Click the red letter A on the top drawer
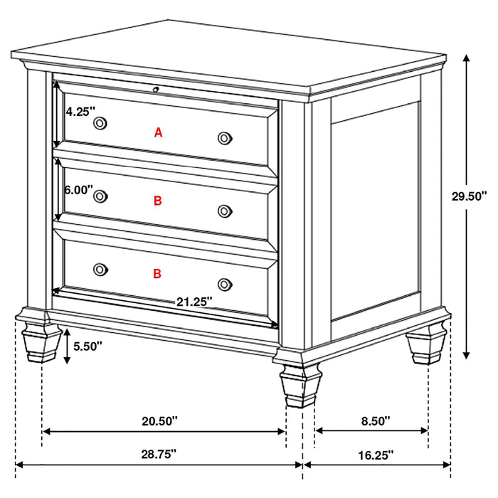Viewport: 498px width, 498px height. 159,132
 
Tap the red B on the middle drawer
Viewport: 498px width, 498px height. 158,201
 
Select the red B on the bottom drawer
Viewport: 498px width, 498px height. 158,272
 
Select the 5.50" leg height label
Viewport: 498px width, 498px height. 88,346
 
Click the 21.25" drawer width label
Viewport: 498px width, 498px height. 194,302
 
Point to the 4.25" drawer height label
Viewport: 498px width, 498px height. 78,111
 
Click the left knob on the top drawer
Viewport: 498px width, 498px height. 100,123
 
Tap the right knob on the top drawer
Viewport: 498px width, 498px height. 225,137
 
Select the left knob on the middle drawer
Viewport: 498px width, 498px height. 100,196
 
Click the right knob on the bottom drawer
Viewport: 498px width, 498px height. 226,283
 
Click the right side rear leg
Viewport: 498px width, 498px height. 428,345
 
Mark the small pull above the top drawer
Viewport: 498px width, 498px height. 156,90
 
